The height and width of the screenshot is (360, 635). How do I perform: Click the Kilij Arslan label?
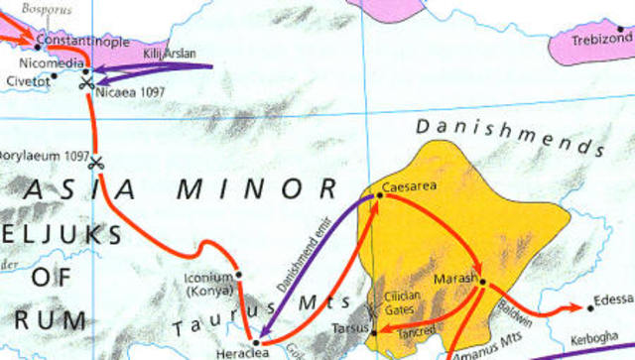tap(171, 52)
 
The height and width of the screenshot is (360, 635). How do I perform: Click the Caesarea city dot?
tap(378, 196)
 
